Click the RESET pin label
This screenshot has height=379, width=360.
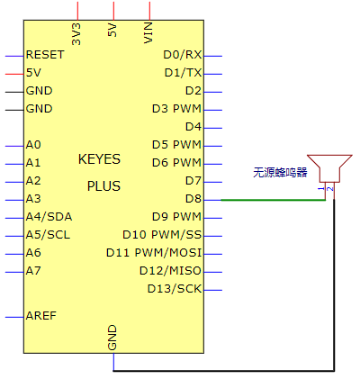point(45,55)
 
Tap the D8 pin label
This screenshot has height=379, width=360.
point(193,199)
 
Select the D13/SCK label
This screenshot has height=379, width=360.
point(175,289)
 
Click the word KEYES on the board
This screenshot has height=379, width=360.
point(99,159)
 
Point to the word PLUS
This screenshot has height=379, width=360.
point(103,186)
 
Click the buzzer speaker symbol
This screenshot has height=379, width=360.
point(329,168)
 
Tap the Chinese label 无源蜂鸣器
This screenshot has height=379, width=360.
point(280,173)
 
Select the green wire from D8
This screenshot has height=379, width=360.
point(274,200)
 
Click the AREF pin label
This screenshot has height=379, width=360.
point(41,316)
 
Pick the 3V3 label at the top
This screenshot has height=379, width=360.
point(76,34)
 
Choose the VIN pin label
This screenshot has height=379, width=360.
point(148,32)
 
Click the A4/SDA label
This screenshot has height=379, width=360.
point(49,217)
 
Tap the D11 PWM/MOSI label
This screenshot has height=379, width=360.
point(154,253)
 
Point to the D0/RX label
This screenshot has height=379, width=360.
point(183,55)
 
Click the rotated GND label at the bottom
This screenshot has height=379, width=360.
point(112,338)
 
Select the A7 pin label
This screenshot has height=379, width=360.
point(33,271)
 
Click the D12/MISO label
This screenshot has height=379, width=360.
point(170,271)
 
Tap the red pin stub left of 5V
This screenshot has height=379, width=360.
point(14,74)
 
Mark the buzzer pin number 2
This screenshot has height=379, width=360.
point(330,189)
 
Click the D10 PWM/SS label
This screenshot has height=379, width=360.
point(162,235)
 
